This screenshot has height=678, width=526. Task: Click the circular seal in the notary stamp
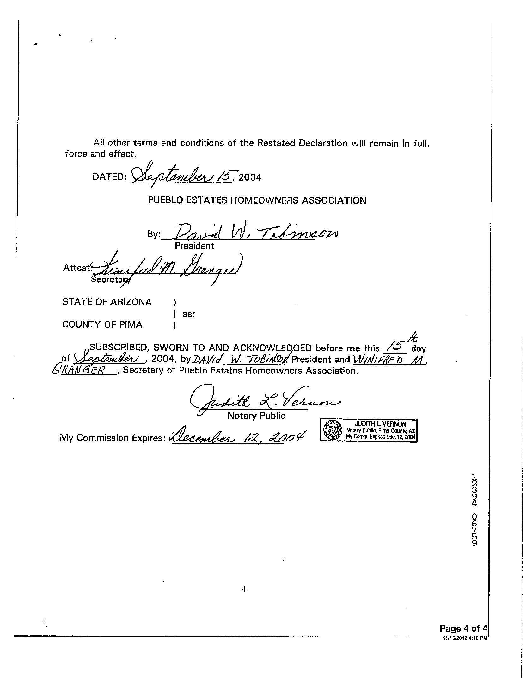click(333, 430)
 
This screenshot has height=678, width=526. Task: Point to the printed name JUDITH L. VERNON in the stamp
click(380, 424)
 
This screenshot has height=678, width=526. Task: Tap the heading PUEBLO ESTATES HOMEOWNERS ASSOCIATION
click(257, 200)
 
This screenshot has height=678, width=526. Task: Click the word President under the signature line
click(194, 246)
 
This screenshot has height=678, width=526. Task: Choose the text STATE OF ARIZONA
click(107, 302)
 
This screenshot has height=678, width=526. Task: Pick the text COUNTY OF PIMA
click(102, 325)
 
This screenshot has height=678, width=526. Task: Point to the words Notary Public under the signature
click(256, 416)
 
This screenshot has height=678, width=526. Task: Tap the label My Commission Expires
click(113, 438)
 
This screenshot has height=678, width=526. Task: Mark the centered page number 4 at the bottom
click(244, 589)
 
